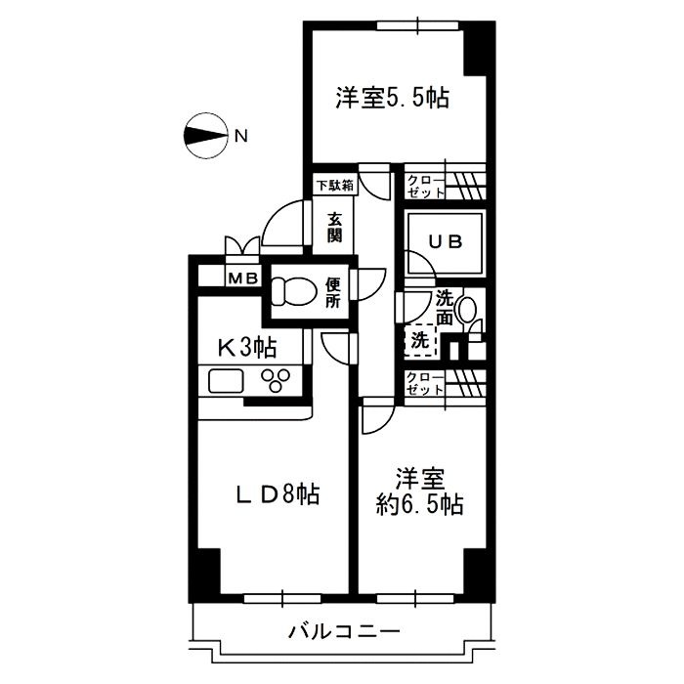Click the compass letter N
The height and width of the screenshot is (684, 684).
239,137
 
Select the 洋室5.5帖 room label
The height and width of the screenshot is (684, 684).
392,99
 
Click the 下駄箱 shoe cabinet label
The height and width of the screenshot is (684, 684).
334,184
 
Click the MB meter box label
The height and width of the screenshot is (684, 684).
243,278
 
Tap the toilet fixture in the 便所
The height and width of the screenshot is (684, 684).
292,291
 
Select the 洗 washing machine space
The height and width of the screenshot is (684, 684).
418,342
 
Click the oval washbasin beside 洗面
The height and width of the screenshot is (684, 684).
467,311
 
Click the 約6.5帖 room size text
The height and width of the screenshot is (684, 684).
420,506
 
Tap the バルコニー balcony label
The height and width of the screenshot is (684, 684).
343,631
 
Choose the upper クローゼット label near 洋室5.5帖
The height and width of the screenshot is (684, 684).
424,186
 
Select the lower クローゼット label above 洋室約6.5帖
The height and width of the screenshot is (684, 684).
424,383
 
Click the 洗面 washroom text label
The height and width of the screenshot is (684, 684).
445,307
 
